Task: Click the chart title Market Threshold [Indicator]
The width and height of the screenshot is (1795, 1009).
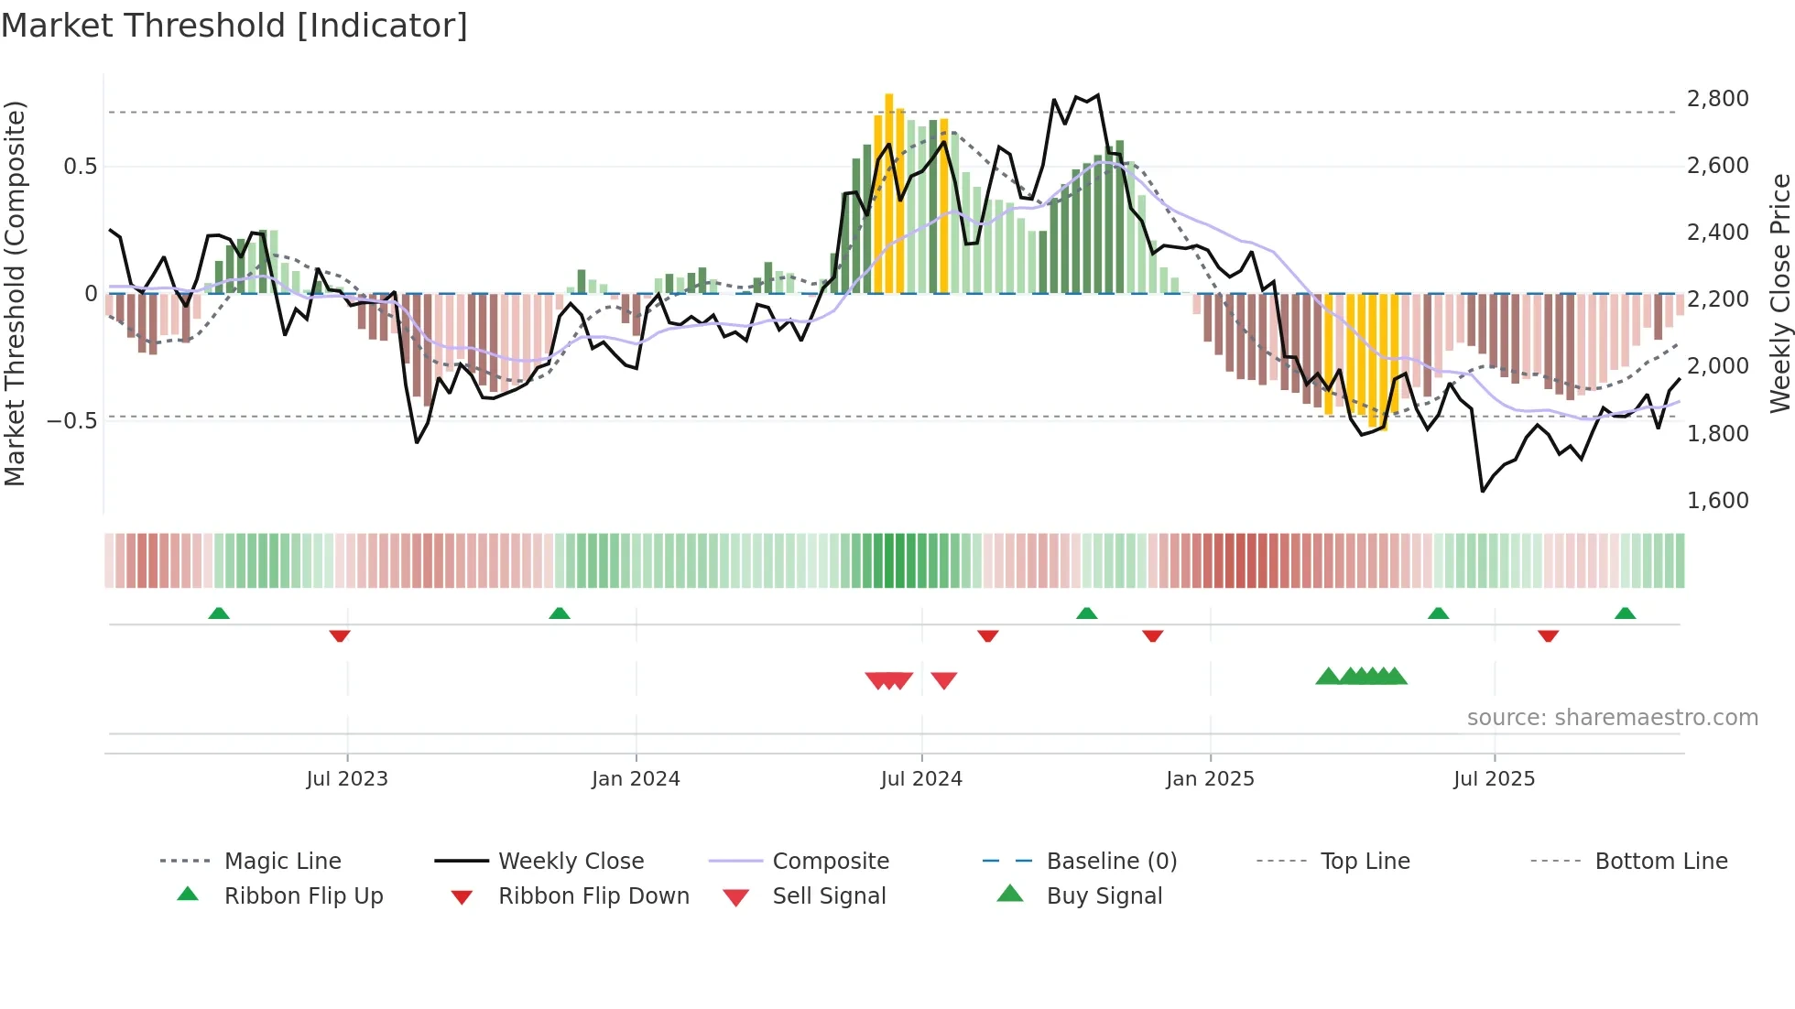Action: coord(234,26)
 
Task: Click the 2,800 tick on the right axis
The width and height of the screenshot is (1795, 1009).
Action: coord(1717,99)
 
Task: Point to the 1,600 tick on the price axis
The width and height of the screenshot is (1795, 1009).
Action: coord(1717,501)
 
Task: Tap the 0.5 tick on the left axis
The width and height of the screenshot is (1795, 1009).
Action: coord(80,167)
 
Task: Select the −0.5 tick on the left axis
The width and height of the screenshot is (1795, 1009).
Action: coord(71,421)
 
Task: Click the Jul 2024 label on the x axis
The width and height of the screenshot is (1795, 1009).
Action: coord(921,779)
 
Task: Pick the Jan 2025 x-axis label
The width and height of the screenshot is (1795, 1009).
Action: coord(1210,779)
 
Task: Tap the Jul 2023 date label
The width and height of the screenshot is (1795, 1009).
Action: coord(347,779)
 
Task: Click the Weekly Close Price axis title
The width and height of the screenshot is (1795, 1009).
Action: coord(1779,293)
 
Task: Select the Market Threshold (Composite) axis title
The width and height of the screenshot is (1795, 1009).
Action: coord(15,293)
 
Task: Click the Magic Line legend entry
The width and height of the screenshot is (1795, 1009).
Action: coord(282,862)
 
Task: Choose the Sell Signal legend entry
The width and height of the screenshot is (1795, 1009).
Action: coord(829,896)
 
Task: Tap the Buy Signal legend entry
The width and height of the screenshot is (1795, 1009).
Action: coord(1104,896)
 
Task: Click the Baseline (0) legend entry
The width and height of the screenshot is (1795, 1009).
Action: coord(1111,862)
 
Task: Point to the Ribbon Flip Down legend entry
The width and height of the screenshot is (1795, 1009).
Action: coord(593,896)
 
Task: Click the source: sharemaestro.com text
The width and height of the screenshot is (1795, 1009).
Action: coord(1612,718)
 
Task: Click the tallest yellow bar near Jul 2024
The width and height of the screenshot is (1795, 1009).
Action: coord(889,192)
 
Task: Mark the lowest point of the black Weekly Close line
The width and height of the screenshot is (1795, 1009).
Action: coord(1483,491)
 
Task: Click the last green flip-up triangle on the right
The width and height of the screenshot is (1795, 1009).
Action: coord(1625,613)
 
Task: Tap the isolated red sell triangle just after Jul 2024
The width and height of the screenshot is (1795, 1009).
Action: coord(944,680)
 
